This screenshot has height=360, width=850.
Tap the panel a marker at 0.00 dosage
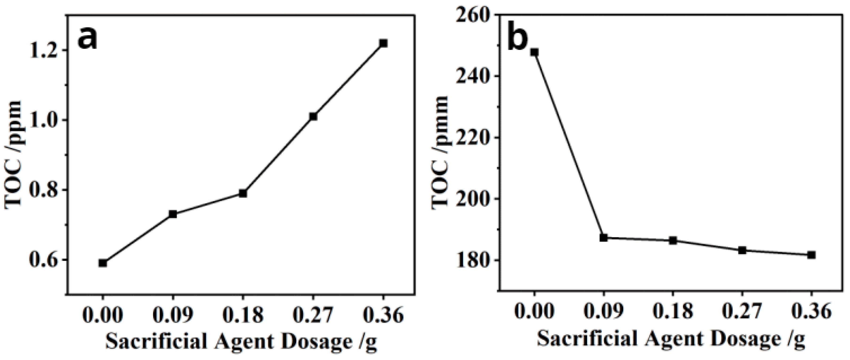point(103,263)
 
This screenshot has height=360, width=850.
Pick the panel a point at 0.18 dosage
point(243,193)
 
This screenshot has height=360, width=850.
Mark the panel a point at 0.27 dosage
point(313,116)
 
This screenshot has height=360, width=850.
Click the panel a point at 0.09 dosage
point(173,214)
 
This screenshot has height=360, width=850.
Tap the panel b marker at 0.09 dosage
point(604,237)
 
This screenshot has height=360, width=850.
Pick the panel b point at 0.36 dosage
point(811,255)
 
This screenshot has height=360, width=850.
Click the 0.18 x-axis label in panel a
point(243,316)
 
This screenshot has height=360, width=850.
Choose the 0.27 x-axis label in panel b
point(742,312)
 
